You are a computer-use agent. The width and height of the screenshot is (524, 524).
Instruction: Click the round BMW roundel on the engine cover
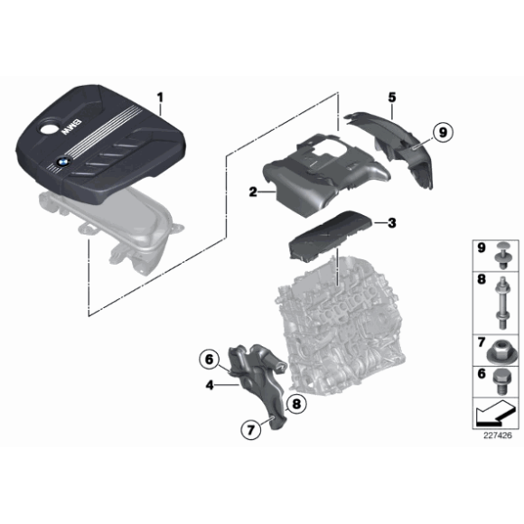click(62, 163)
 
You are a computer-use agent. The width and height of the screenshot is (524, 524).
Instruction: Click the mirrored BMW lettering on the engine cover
click(70, 127)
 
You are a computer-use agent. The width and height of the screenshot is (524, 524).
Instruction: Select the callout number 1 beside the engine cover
click(161, 98)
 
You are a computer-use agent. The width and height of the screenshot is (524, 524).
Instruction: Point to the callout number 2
click(253, 192)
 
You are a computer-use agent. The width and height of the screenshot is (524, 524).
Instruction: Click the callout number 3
click(391, 223)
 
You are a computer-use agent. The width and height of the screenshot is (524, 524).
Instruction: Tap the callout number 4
click(210, 385)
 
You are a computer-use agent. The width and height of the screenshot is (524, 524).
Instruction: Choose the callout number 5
click(392, 98)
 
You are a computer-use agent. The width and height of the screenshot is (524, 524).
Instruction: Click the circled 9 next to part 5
click(443, 132)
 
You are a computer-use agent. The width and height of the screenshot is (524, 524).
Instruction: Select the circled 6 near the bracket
click(210, 360)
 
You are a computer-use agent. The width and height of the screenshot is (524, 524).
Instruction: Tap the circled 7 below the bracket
click(251, 429)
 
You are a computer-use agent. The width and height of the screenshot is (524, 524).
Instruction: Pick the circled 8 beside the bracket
click(296, 404)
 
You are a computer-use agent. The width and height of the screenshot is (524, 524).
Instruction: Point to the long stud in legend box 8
click(502, 303)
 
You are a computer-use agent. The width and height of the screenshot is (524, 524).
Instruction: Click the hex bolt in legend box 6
click(501, 383)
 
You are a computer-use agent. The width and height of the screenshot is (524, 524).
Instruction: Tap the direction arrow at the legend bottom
click(496, 413)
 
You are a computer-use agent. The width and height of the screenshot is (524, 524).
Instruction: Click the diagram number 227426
click(498, 435)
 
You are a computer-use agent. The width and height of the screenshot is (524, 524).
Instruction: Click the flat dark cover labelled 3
click(330, 237)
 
